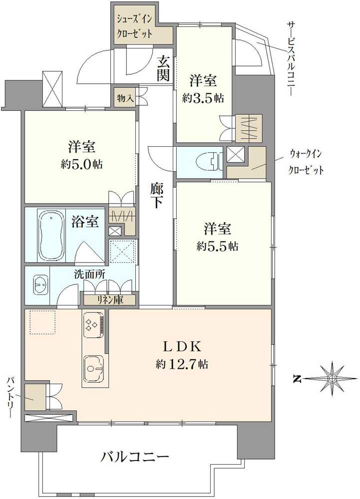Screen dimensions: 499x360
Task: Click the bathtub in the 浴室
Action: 50,235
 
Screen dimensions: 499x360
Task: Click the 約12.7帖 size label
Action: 182,364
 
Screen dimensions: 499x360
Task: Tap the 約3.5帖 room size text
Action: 203,98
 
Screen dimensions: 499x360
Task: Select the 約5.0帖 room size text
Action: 82,164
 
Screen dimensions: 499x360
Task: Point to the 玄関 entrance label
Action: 163,69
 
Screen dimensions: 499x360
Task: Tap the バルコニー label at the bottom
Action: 135,456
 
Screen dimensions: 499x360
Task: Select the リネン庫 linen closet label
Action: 110,300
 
